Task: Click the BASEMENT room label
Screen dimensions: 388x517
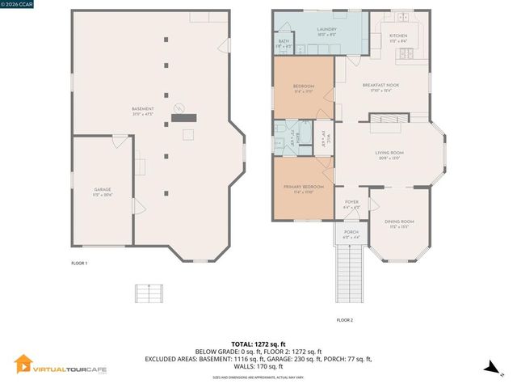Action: click(x=142, y=109)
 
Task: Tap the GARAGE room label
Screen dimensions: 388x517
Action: click(x=102, y=190)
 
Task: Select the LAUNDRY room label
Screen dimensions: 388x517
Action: click(x=326, y=29)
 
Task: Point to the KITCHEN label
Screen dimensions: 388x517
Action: click(x=399, y=36)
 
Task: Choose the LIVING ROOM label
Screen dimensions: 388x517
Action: click(x=389, y=153)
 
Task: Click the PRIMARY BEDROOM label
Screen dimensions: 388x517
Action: click(x=303, y=188)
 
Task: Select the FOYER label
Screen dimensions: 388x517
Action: click(x=351, y=202)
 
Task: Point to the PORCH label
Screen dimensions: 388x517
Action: click(x=351, y=233)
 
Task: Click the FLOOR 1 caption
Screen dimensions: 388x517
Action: click(x=79, y=264)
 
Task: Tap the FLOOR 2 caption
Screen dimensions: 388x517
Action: click(x=345, y=320)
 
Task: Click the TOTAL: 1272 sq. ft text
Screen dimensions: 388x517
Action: click(x=258, y=344)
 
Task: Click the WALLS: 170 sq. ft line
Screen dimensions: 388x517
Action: click(x=258, y=365)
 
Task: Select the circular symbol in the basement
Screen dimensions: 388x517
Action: click(x=181, y=108)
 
